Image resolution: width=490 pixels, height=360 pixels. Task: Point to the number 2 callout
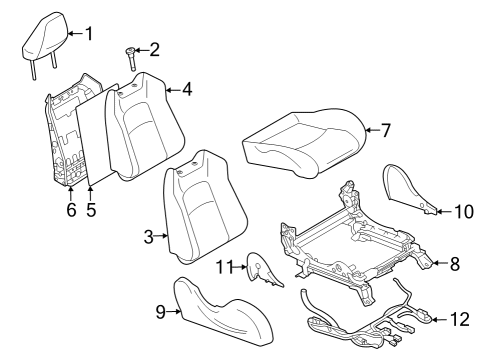point(154,50)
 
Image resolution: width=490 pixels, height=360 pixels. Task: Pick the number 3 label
point(148,237)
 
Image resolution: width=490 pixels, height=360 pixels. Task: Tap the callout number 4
point(187,88)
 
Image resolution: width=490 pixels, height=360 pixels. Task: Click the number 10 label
point(462,211)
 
